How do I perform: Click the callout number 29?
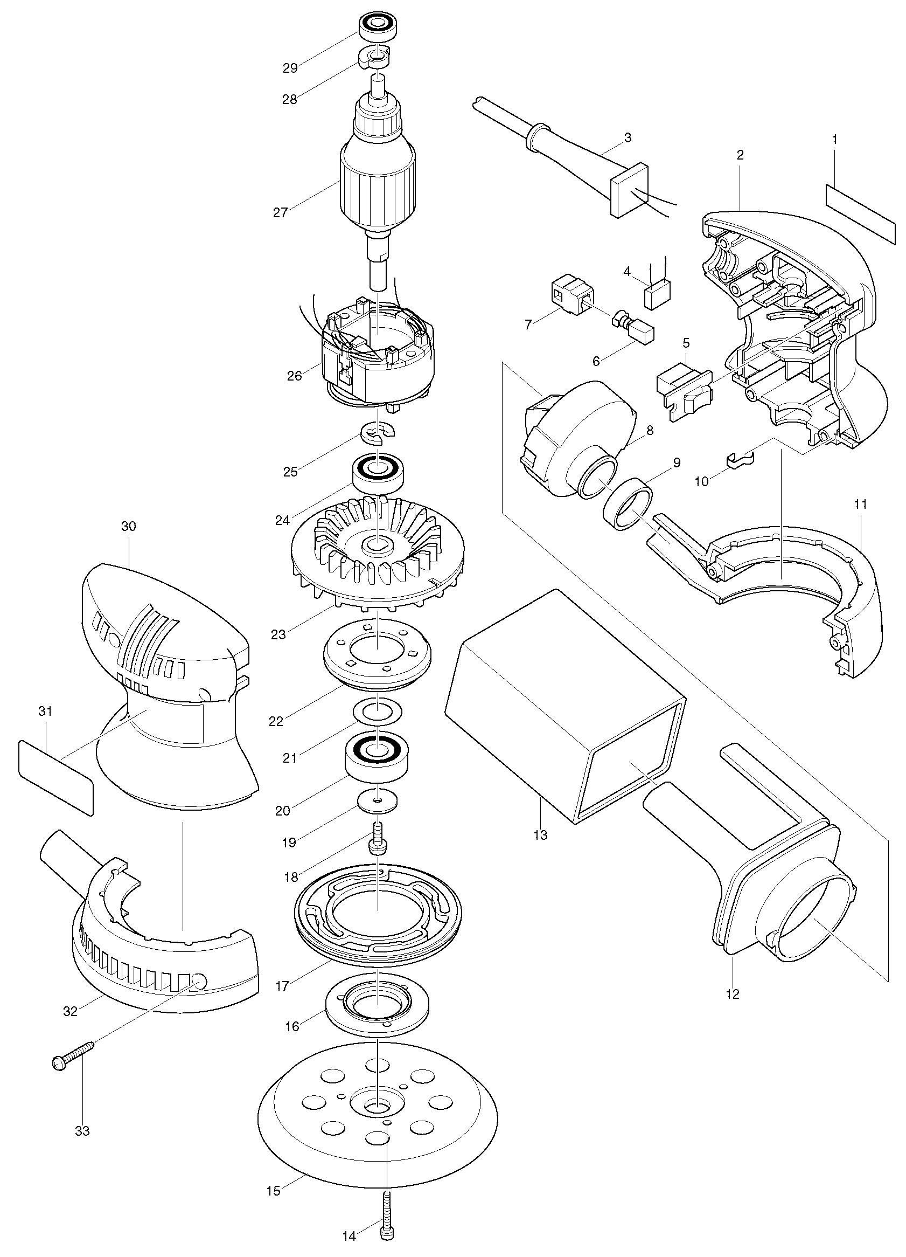(290, 68)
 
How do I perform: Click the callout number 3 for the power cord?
(628, 137)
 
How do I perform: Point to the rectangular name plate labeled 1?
(861, 215)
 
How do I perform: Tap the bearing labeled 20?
(377, 759)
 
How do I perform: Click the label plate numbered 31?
(55, 778)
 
